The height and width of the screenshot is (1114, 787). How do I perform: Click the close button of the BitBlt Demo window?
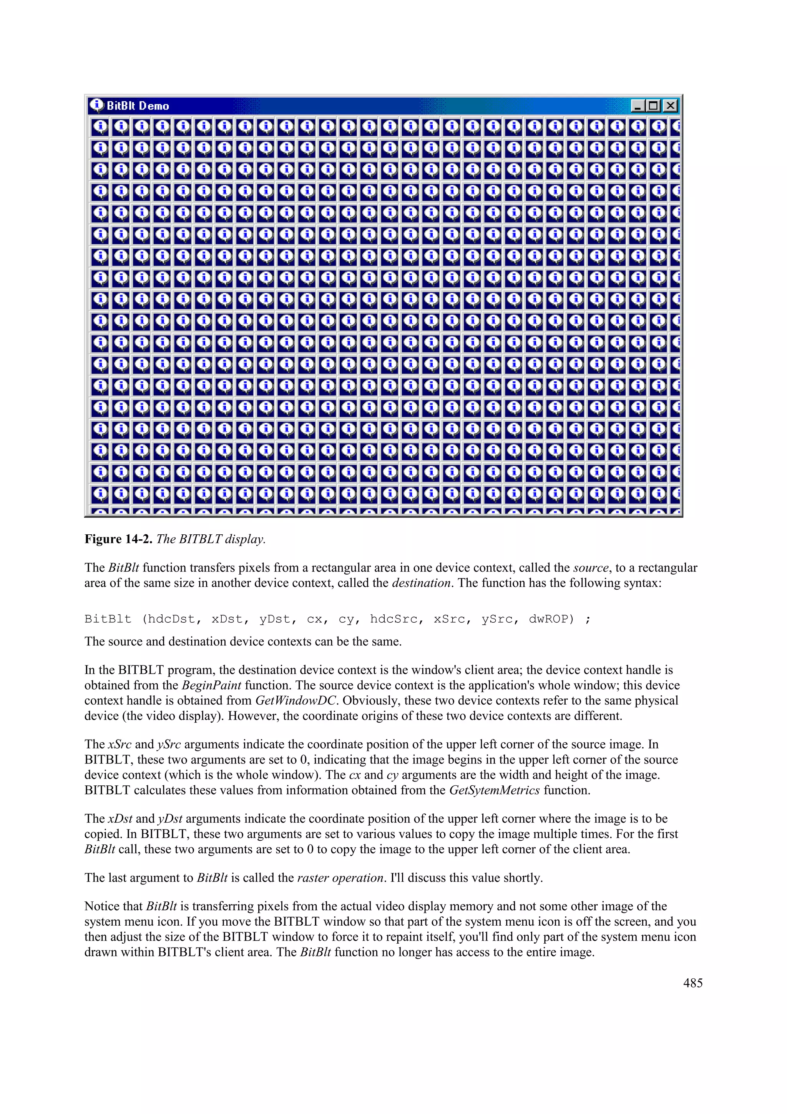tap(670, 106)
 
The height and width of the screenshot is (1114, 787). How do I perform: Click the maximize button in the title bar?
tap(654, 106)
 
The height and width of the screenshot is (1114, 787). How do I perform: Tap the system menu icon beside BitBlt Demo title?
tap(96, 105)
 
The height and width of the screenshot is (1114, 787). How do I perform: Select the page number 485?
tap(692, 983)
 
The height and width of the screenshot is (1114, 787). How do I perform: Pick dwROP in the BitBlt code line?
tap(551, 619)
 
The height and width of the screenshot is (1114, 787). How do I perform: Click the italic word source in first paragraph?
tap(591, 568)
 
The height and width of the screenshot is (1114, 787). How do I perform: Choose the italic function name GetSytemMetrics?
tap(494, 790)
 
